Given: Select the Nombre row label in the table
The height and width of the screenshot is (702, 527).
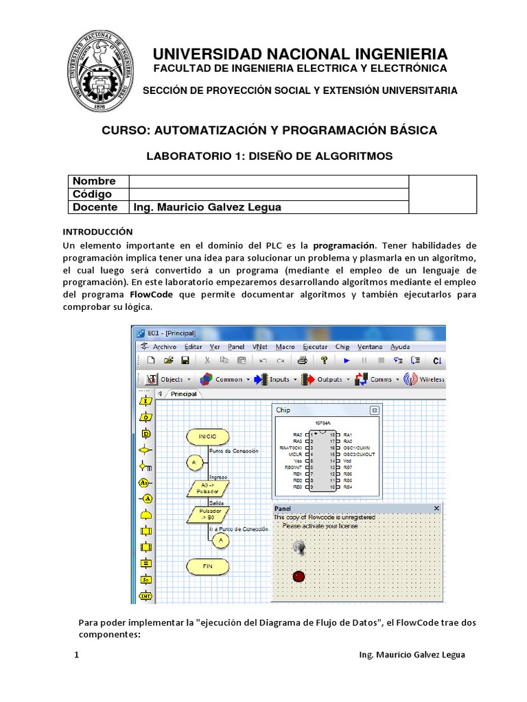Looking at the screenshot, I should point(94,181).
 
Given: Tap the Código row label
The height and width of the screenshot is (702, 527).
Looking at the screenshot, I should point(92,194).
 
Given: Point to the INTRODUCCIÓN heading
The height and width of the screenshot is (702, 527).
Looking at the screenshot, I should point(97,232).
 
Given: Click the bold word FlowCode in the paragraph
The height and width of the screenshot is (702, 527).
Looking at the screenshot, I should point(152,294).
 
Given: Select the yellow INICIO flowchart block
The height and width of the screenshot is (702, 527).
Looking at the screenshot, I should point(207,436).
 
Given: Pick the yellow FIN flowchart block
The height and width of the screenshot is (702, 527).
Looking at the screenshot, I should point(207,566).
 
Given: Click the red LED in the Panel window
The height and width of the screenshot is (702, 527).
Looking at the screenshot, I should point(298,576).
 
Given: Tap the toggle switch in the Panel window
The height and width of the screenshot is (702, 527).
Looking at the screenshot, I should point(298,547).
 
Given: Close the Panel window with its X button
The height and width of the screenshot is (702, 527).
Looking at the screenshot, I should point(436,508).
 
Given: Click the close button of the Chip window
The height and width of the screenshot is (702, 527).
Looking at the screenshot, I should point(374,410).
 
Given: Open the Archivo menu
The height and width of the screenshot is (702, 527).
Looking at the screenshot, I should point(164,347).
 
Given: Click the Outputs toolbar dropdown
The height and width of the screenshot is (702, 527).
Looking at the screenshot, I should point(329,379).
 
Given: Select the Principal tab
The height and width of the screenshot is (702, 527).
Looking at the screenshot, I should point(183,394).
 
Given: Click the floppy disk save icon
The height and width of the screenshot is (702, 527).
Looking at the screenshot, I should point(185,361).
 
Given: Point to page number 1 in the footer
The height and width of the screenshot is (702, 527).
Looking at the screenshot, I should point(77,655).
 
